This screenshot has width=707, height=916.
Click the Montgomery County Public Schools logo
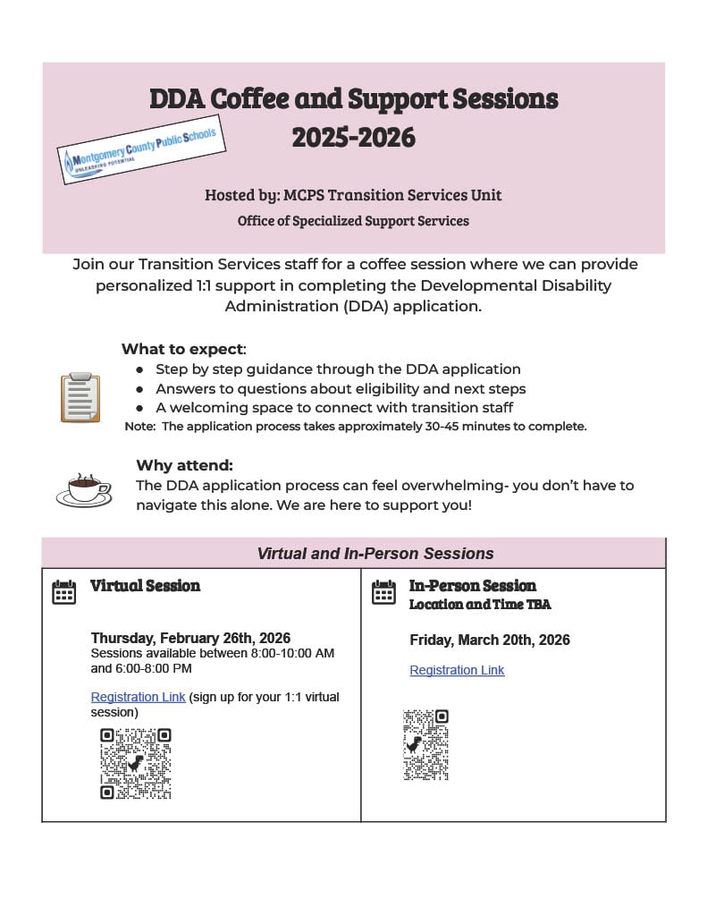[139, 150]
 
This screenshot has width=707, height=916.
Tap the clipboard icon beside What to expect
[80, 397]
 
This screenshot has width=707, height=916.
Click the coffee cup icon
[85, 489]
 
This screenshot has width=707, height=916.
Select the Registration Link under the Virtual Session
[138, 697]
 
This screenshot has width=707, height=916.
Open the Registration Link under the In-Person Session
[457, 670]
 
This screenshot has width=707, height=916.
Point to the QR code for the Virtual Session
[135, 763]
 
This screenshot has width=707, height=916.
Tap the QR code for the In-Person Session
[425, 744]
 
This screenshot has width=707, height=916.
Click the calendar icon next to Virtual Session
[64, 592]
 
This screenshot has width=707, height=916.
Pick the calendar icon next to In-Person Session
[383, 592]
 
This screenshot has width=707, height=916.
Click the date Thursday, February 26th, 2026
[190, 638]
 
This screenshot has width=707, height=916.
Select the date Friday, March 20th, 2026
[489, 640]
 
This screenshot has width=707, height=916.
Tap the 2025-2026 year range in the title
[353, 137]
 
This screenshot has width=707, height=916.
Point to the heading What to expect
[182, 349]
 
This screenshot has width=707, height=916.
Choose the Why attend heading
[184, 465]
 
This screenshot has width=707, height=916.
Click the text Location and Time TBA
[480, 605]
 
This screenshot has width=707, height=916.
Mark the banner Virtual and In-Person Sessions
[375, 554]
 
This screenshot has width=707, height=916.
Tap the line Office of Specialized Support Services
[353, 220]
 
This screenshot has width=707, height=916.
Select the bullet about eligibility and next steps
[341, 388]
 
